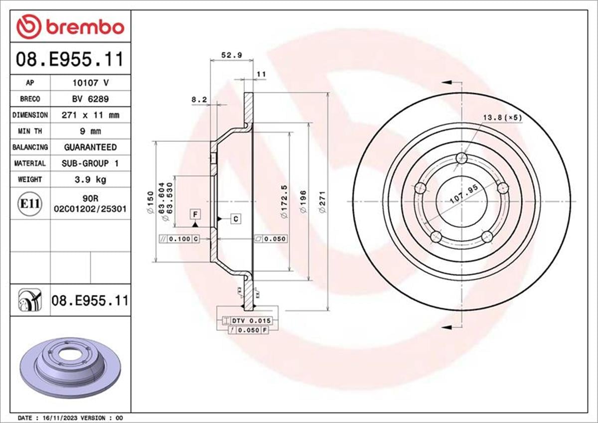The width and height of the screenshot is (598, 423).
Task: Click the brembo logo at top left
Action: coord(70,27)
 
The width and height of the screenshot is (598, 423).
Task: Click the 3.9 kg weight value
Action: coord(90,179)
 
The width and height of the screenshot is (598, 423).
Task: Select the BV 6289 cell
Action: coord(90,99)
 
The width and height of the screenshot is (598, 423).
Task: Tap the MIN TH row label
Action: coord(30,131)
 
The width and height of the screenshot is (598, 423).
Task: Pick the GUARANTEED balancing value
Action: coord(90,147)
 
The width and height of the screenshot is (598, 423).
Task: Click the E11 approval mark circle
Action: coord(30,203)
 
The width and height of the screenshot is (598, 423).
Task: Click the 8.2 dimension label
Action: coord(199,100)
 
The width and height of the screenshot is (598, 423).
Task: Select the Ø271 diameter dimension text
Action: coord(322,202)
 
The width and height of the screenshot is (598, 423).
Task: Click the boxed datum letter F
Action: coord(196,215)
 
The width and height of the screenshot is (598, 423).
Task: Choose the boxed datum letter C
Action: coord(235,219)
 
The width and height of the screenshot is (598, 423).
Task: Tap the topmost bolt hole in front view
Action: coord(462,159)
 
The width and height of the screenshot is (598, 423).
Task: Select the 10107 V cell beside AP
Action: coord(90,83)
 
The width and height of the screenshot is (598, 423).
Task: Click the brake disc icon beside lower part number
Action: coord(30,300)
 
